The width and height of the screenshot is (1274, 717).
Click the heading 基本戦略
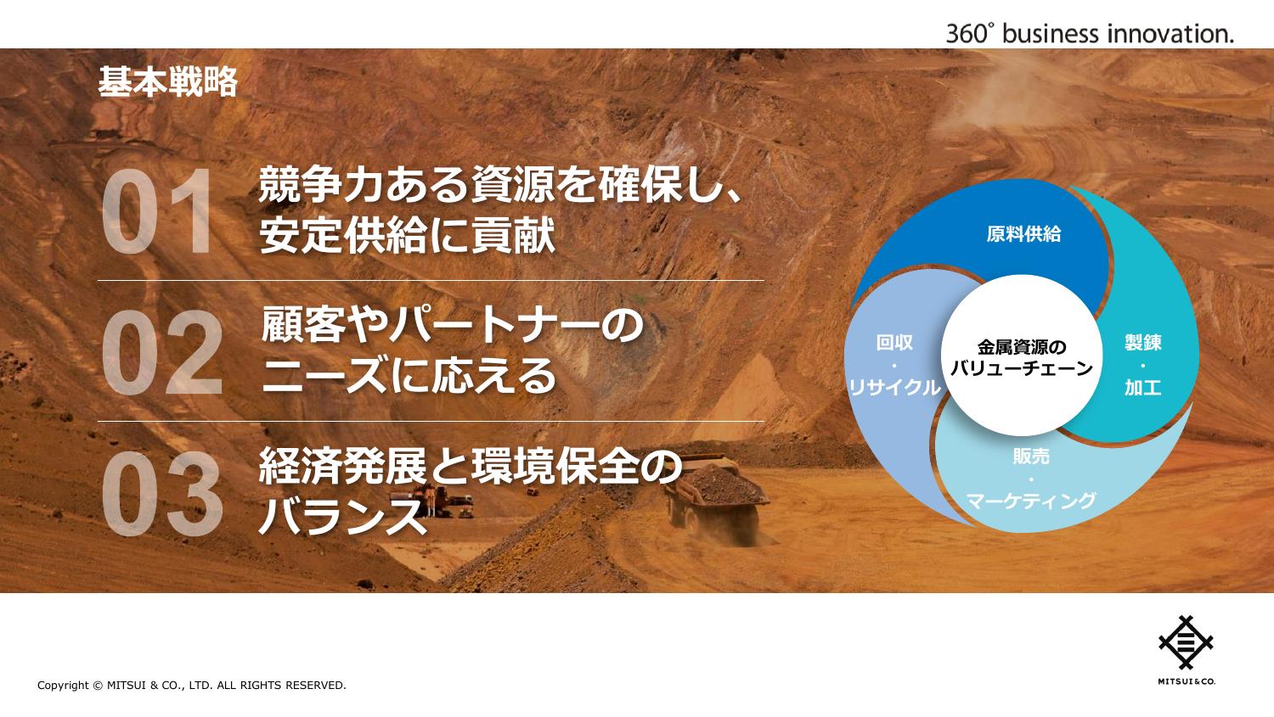click(x=168, y=81)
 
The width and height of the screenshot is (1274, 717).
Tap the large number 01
click(x=157, y=211)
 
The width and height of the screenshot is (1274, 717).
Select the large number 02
click(x=162, y=352)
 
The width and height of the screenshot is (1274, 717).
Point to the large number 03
click(x=162, y=493)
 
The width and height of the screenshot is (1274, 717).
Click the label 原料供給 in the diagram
click(x=1023, y=233)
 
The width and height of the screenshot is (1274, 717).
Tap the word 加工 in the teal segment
click(x=1142, y=388)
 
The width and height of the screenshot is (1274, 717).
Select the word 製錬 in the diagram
click(x=1142, y=342)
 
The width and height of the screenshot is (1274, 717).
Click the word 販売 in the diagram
click(x=1031, y=456)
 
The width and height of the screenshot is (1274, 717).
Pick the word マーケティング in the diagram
click(x=1031, y=501)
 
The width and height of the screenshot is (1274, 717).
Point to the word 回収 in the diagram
click(x=894, y=342)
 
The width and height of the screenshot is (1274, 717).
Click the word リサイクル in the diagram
click(x=894, y=388)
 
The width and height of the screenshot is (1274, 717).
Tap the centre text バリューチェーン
click(x=1022, y=369)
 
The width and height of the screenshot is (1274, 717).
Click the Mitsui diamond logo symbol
click(x=1187, y=642)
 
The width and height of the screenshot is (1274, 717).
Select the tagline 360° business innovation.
click(x=1090, y=34)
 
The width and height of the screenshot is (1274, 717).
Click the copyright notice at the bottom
click(x=192, y=686)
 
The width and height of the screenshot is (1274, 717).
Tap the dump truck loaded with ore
click(x=717, y=497)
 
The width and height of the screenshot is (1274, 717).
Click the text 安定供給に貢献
click(x=407, y=235)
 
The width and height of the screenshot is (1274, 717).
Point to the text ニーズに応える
click(x=409, y=375)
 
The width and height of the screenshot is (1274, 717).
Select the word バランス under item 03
click(x=343, y=516)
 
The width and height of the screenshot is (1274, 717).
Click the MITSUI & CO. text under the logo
click(x=1187, y=681)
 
